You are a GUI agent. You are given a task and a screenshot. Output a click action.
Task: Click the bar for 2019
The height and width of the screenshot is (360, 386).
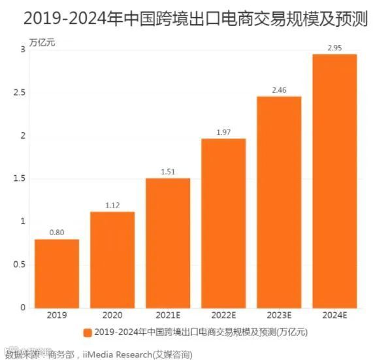coord(57,273)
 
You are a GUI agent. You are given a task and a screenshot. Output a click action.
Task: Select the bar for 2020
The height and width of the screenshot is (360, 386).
coord(112,259)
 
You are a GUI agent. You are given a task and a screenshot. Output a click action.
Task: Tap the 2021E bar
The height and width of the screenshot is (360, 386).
coord(168,242)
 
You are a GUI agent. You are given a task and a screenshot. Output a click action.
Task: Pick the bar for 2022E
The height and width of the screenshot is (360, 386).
coord(223,223)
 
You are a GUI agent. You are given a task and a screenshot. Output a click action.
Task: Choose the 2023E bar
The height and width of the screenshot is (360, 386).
coord(279,202)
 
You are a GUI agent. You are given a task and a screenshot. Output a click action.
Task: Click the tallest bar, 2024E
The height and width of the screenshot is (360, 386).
coord(334,180)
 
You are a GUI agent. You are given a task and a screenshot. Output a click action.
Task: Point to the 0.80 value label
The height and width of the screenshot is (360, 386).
coord(57,231)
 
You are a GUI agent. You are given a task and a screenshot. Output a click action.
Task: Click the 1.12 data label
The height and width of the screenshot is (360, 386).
coord(112,205)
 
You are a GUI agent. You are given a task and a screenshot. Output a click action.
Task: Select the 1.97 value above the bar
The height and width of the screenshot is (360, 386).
coord(223,131)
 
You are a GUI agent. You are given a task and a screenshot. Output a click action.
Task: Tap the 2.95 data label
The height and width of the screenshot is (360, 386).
coord(334,46)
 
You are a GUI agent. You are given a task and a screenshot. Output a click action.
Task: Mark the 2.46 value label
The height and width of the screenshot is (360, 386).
coord(279,89)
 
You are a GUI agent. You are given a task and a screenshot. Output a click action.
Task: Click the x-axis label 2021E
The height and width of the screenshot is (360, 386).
coord(168,315)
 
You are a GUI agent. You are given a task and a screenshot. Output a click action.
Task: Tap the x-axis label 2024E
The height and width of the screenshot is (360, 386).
coord(334,315)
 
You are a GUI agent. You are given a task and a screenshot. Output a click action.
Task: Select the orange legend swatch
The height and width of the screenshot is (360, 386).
coord(87,333)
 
